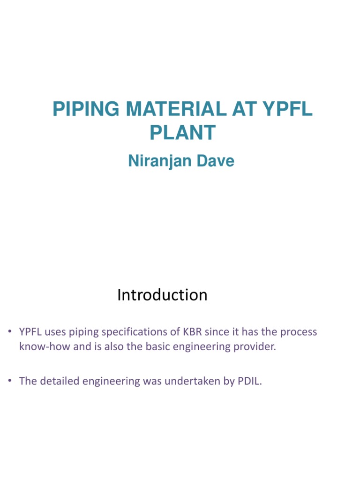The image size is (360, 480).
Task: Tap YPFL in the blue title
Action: pos(287,109)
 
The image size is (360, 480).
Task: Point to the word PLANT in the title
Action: pos(182,133)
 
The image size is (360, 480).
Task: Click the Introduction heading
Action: pos(162,295)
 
